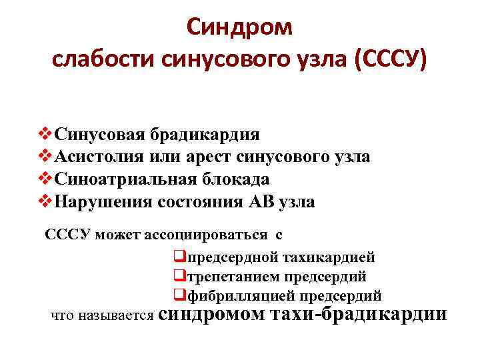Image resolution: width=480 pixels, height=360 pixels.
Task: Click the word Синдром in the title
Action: pyautogui.click(x=239, y=28)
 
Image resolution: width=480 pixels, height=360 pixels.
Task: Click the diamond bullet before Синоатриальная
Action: pyautogui.click(x=47, y=180)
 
